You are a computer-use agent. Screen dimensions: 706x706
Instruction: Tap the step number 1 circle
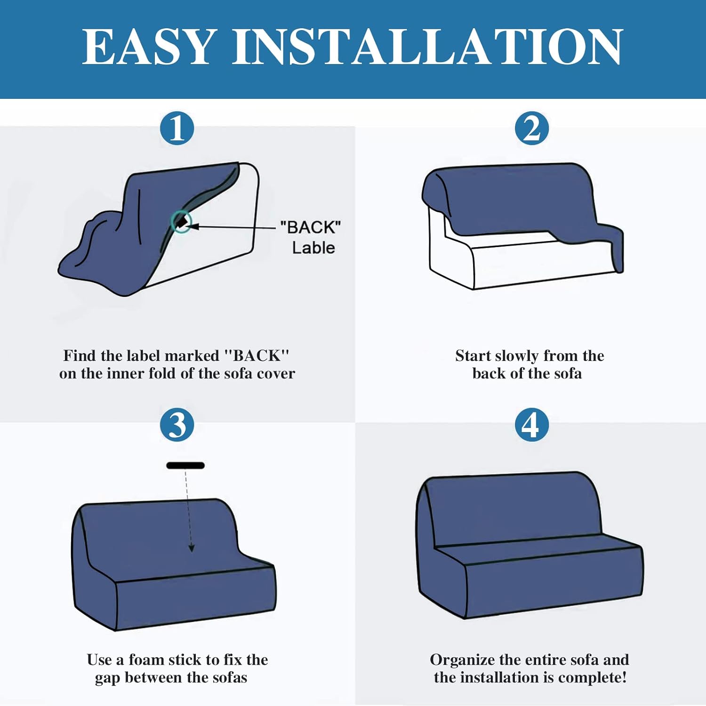coord(177,128)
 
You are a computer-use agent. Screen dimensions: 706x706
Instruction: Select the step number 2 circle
coord(532,128)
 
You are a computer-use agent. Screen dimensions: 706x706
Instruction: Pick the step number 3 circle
coord(177,425)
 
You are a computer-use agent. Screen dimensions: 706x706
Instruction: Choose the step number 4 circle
coord(532,425)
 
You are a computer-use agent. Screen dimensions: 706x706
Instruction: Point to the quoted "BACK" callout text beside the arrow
coord(310,227)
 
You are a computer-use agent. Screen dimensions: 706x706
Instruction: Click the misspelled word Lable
coord(313,248)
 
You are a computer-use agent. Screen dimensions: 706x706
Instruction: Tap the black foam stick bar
coord(185,465)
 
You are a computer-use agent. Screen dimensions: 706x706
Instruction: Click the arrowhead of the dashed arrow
coord(192,548)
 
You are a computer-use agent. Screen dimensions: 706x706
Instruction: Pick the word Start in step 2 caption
coord(473,355)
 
